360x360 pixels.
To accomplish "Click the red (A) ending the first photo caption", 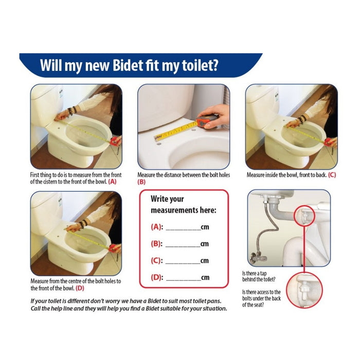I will tap(113, 181).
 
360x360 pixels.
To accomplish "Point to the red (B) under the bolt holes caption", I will tap(141, 182).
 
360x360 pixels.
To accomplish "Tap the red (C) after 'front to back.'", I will tap(332, 175).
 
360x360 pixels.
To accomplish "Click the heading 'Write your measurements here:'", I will tap(183, 205).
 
